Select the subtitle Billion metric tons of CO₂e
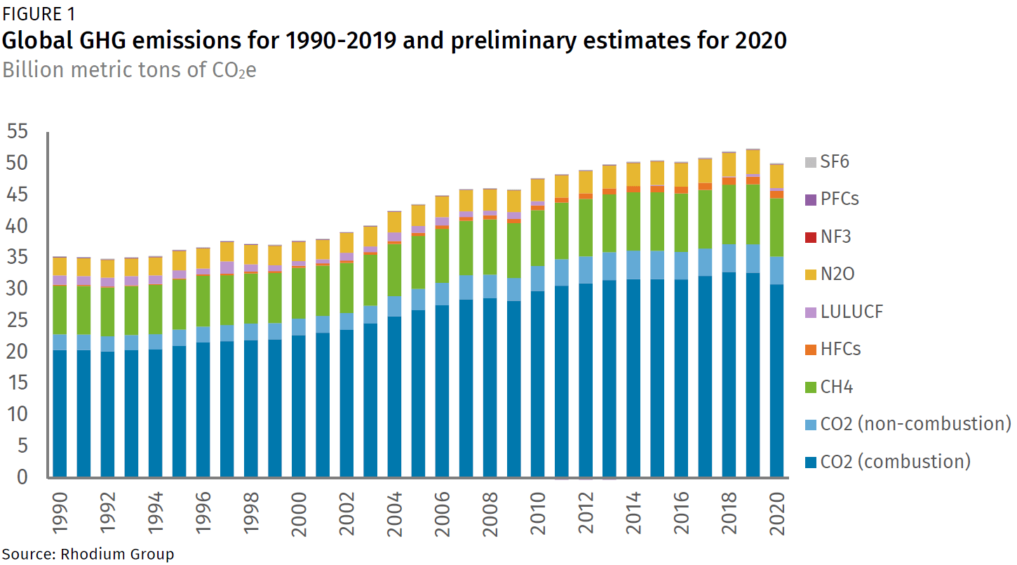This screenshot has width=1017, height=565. pos(129,70)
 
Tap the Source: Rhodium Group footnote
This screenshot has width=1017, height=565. pos(87,554)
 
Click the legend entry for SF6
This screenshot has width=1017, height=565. pos(834,162)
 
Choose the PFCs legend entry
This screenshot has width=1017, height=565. pos(839,199)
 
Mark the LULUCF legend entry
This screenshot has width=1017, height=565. pos(851,312)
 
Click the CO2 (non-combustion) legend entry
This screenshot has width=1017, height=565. pos(915,424)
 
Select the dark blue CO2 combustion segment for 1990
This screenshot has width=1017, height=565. pos(60,414)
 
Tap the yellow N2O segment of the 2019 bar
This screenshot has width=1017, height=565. pos(753,161)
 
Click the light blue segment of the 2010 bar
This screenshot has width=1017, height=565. pos(537,279)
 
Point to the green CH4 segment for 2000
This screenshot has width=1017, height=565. pos(298,293)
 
